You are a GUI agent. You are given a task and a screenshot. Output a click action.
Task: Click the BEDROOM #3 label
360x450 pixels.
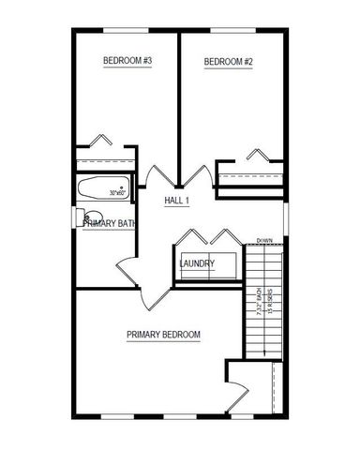[x=127, y=62]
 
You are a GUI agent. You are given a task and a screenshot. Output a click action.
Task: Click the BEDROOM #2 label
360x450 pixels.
[x=230, y=62]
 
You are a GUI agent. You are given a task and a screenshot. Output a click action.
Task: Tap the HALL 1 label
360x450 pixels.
[x=177, y=201]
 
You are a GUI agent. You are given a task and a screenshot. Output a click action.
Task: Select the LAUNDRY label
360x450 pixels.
[x=197, y=263]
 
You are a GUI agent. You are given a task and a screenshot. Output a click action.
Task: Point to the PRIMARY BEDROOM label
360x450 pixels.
[x=163, y=335]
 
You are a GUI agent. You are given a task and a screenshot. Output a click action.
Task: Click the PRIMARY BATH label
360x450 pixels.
[x=110, y=223]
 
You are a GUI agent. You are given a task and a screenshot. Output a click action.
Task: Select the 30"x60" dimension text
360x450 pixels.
[x=117, y=193]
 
